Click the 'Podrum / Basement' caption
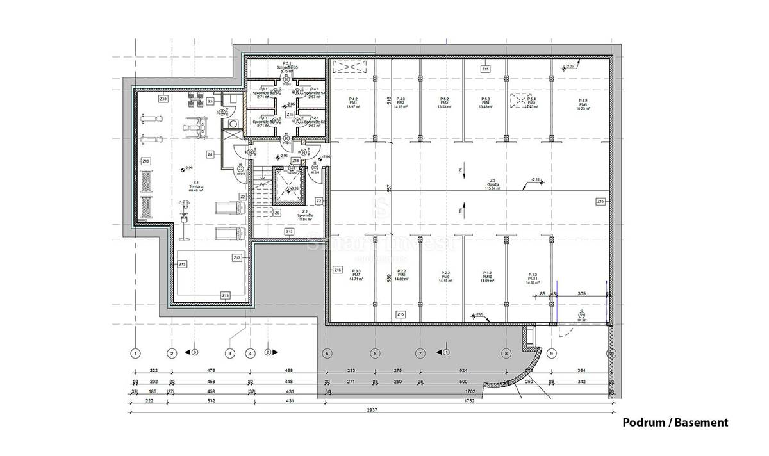click(x=675, y=423)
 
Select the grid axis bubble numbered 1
click(x=135, y=353)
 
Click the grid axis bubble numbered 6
click(x=375, y=353)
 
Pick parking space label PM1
click(x=352, y=104)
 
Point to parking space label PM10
click(x=488, y=276)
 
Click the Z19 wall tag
click(x=225, y=295)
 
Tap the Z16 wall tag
click(x=338, y=270)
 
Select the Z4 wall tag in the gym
click(x=210, y=154)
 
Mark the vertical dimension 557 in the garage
click(x=388, y=188)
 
